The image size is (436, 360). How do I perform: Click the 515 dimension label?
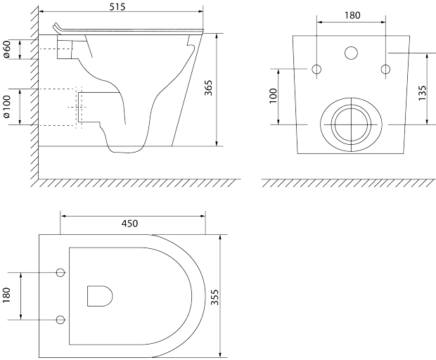pos(117,6)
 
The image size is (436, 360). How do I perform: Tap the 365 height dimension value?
pos(208,88)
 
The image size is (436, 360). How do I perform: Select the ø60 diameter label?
pos(6,49)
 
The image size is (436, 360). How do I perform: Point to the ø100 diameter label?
pos(6,107)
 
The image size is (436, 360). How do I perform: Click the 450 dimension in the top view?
pos(130,223)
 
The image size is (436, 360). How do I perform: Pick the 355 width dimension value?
pos(214,297)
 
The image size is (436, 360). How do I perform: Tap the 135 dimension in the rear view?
pos(423,93)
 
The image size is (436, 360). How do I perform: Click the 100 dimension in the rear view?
pos(274,96)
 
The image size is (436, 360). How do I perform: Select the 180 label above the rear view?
pos(352,15)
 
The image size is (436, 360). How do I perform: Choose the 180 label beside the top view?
pos(6,295)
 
